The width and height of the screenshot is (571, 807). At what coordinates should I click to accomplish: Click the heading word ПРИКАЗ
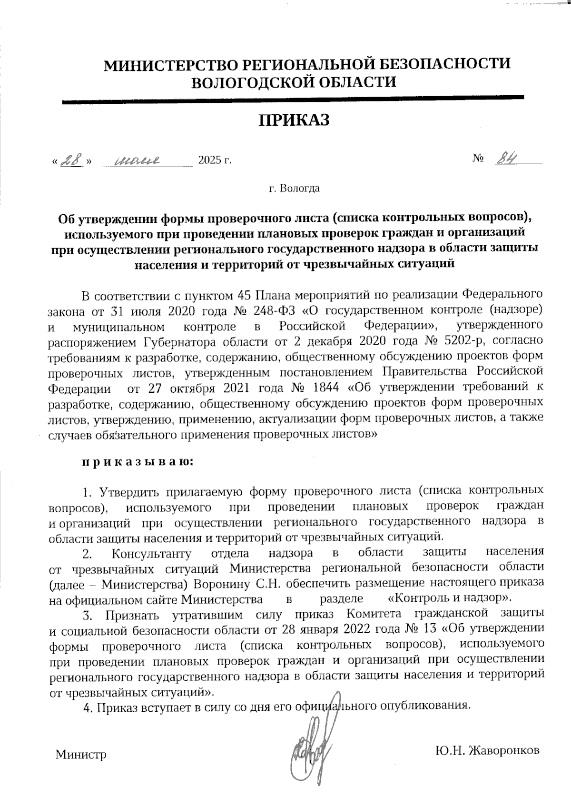tap(294, 120)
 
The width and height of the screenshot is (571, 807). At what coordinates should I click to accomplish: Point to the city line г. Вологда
tap(294, 188)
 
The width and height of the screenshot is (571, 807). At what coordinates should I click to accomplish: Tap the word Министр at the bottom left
tap(81, 755)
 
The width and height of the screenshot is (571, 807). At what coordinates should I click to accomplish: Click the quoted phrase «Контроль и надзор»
tap(450, 598)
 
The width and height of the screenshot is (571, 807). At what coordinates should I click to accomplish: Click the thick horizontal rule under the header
tap(294, 99)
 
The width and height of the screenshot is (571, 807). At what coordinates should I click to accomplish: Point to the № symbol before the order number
tap(478, 159)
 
